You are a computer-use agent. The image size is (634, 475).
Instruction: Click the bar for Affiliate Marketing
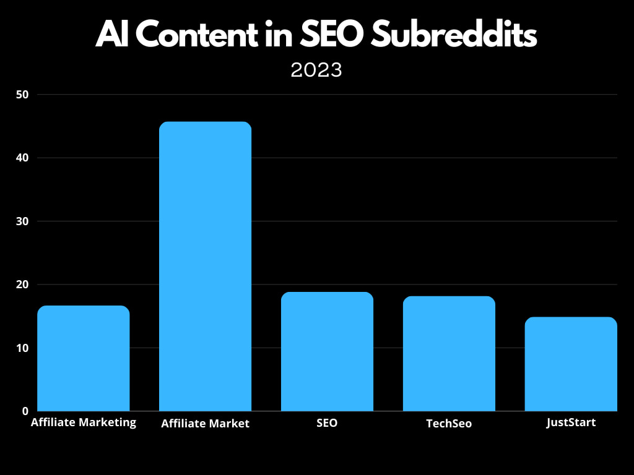click(84, 359)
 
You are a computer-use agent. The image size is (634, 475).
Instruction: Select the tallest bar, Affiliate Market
click(205, 266)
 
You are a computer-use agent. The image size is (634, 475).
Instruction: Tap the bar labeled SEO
click(327, 351)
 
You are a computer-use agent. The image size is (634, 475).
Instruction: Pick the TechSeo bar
click(449, 354)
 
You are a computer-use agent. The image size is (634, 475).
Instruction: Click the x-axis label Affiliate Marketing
click(84, 423)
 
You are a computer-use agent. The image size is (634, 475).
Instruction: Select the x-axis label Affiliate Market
click(205, 424)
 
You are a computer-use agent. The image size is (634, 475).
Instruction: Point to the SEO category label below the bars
click(327, 424)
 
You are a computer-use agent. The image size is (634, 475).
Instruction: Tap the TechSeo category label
click(449, 424)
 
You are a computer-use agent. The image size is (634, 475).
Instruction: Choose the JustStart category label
click(571, 423)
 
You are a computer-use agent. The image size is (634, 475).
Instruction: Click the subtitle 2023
click(316, 70)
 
